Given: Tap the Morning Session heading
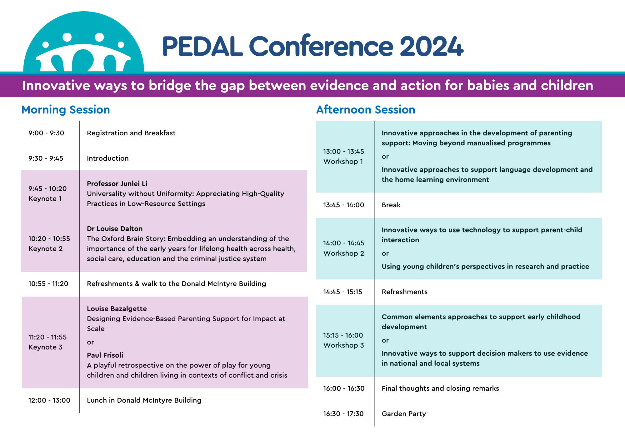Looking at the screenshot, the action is (66, 110).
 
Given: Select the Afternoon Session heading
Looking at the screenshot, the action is (366, 110).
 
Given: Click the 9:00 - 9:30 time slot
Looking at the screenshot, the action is (46, 133).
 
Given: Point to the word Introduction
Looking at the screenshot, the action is (108, 158).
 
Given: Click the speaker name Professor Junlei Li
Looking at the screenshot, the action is (117, 183).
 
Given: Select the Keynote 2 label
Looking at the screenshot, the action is (46, 249).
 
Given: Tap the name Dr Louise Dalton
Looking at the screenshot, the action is (115, 229).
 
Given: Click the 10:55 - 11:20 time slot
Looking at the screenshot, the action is (48, 284).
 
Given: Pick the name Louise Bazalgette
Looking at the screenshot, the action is (117, 309).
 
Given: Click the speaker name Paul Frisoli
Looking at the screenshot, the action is (105, 355).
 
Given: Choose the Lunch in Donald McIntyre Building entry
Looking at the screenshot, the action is (144, 400).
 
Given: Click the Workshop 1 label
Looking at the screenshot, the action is (343, 162).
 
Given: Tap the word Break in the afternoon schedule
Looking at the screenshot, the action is (391, 205).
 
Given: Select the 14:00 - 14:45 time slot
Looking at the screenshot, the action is (344, 243).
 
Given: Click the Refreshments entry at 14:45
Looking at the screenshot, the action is (405, 292).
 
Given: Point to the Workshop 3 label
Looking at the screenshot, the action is (344, 345).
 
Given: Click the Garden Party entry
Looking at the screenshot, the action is (404, 414).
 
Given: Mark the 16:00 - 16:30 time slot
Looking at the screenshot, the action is (344, 389).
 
